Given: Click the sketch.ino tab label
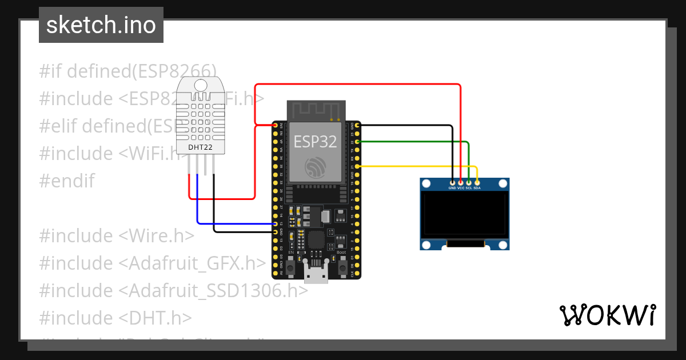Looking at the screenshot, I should click(101, 26).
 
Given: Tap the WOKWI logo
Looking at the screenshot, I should click(607, 315).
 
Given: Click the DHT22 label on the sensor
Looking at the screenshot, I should click(200, 147).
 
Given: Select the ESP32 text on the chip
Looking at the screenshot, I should click(316, 141).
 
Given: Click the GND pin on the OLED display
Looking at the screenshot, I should click(452, 182).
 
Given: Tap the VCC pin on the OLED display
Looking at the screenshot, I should click(461, 182).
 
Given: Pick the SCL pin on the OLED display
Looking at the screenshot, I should click(469, 182).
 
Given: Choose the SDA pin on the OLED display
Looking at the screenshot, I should click(477, 182).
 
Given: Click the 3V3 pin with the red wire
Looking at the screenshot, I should click(275, 125).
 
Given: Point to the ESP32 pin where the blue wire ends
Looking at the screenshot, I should click(275, 224).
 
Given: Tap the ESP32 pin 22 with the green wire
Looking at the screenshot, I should click(357, 141).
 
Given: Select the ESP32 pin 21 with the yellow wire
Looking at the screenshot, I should click(357, 166).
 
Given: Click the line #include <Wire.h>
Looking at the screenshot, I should click(117, 235).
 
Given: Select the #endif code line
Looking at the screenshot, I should click(67, 181).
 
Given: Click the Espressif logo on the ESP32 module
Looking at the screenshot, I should click(316, 167).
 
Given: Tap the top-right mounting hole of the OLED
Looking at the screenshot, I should click(502, 183).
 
